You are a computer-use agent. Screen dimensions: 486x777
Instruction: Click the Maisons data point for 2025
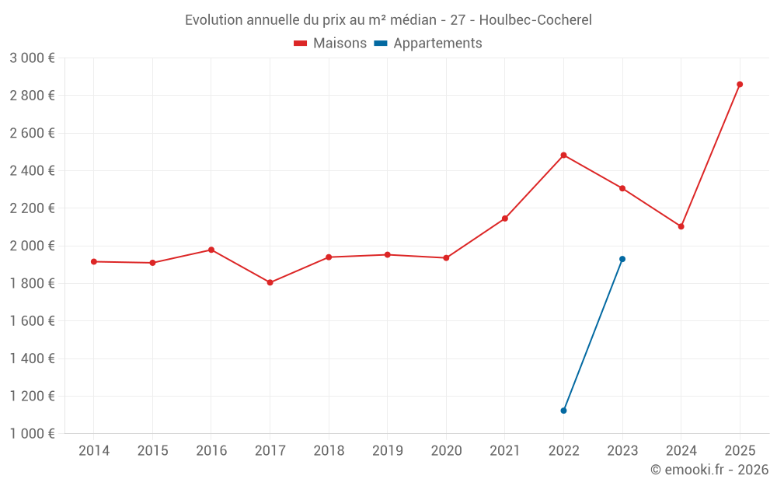coord(740,84)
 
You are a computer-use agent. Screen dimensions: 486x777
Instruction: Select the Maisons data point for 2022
coord(563,155)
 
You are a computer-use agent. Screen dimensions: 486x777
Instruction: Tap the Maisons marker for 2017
coord(270,282)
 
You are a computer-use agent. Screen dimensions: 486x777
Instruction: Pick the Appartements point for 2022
coord(563,411)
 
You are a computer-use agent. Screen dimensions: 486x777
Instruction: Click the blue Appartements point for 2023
coord(622,259)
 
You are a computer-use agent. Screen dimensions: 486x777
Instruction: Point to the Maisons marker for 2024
coord(681,226)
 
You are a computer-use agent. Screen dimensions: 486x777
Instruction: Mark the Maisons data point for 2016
coord(211,250)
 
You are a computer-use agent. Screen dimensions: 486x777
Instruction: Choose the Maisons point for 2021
coord(504,219)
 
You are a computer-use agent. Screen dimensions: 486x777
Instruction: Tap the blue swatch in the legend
coord(381,44)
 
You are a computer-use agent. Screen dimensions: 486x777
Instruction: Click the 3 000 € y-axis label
coord(32,58)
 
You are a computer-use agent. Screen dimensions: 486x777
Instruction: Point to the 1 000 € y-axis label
coord(32,434)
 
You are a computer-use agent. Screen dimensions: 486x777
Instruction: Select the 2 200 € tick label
coord(32,208)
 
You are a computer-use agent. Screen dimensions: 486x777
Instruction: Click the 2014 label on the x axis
coord(94,451)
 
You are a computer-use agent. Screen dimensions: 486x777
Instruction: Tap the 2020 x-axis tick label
coord(446,451)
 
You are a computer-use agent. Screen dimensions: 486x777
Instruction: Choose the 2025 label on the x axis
coord(740,451)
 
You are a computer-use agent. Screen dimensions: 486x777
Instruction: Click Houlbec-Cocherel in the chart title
coord(535,20)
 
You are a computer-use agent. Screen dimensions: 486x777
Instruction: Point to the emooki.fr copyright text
coord(709,470)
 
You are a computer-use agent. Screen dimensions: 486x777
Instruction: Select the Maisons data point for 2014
coord(94,261)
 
